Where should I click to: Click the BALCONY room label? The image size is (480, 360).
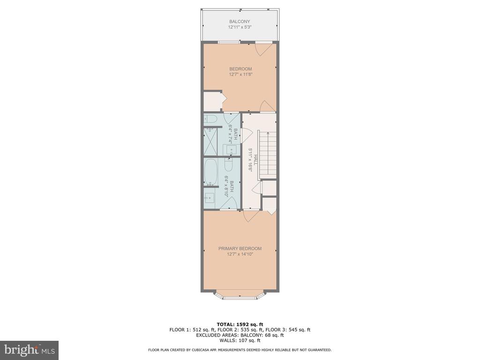pos(240,22)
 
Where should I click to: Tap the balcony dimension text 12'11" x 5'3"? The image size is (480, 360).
pos(240,27)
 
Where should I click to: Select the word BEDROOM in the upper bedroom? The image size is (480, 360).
pos(240,69)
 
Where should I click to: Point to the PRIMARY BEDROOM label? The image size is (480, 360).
pos(240,248)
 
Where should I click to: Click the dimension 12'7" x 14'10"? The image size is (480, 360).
pos(240,254)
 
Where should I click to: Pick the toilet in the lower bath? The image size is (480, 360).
pos(229,165)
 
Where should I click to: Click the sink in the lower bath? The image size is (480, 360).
pos(210,198)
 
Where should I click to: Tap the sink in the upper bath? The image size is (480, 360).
pos(231,150)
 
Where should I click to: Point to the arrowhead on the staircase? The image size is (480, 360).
pos(268,133)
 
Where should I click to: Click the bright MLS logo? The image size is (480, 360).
pos(29,350)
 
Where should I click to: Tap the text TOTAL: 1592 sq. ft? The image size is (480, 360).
pos(240,324)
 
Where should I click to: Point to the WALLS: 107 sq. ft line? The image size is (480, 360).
pos(240,340)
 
